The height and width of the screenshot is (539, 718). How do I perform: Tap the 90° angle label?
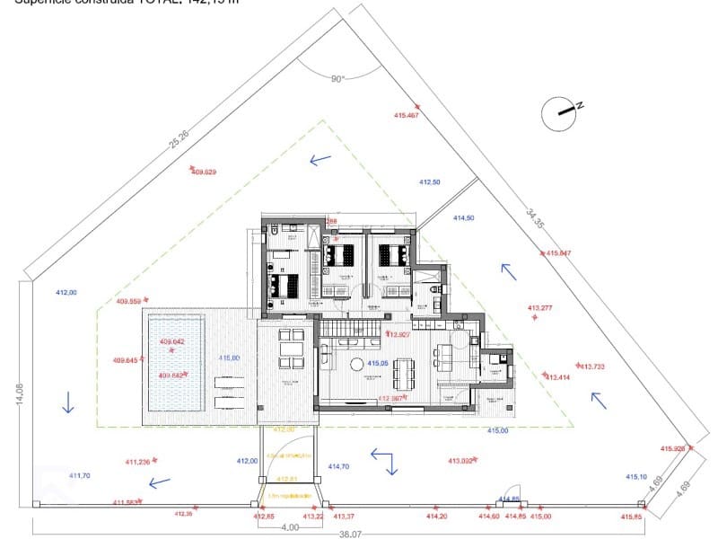click(x=337, y=79)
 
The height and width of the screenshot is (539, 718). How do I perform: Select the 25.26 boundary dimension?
click(x=179, y=139)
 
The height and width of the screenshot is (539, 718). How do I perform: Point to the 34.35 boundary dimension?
click(x=535, y=219)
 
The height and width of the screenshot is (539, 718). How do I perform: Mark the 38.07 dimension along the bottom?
click(x=350, y=533)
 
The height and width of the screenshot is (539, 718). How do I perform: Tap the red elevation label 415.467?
click(x=407, y=115)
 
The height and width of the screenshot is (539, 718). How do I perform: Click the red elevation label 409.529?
click(x=205, y=172)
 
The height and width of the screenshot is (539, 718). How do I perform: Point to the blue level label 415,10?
click(x=636, y=477)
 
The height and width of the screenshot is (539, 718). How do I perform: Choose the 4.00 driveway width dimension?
click(x=289, y=527)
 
